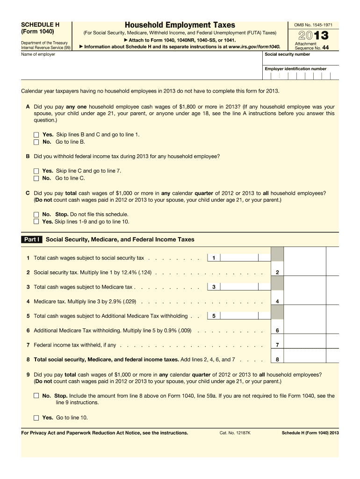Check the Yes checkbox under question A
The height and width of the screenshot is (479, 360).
[36, 135]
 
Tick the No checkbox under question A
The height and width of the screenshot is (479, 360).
[36, 142]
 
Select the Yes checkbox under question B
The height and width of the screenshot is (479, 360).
[36, 171]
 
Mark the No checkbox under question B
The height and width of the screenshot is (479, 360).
[36, 178]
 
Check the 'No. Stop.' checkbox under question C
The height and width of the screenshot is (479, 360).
[36, 215]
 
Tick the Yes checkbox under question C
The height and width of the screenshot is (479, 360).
[36, 222]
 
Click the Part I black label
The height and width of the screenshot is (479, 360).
[32, 239]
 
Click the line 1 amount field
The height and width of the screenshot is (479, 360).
[245, 258]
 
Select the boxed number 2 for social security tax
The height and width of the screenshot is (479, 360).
[277, 272]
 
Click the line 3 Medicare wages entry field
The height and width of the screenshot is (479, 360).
[245, 287]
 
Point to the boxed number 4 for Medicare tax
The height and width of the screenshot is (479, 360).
[277, 301]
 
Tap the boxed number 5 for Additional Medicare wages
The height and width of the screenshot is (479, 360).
[214, 316]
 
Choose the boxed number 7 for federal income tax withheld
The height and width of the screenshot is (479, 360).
[277, 345]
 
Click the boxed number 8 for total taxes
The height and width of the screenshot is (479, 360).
[277, 360]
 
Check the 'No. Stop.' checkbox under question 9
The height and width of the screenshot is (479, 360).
[36, 396]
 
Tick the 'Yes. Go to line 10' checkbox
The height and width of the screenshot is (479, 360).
[36, 418]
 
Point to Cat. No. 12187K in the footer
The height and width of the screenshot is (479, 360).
[235, 433]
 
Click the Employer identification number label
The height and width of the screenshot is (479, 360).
[295, 69]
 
